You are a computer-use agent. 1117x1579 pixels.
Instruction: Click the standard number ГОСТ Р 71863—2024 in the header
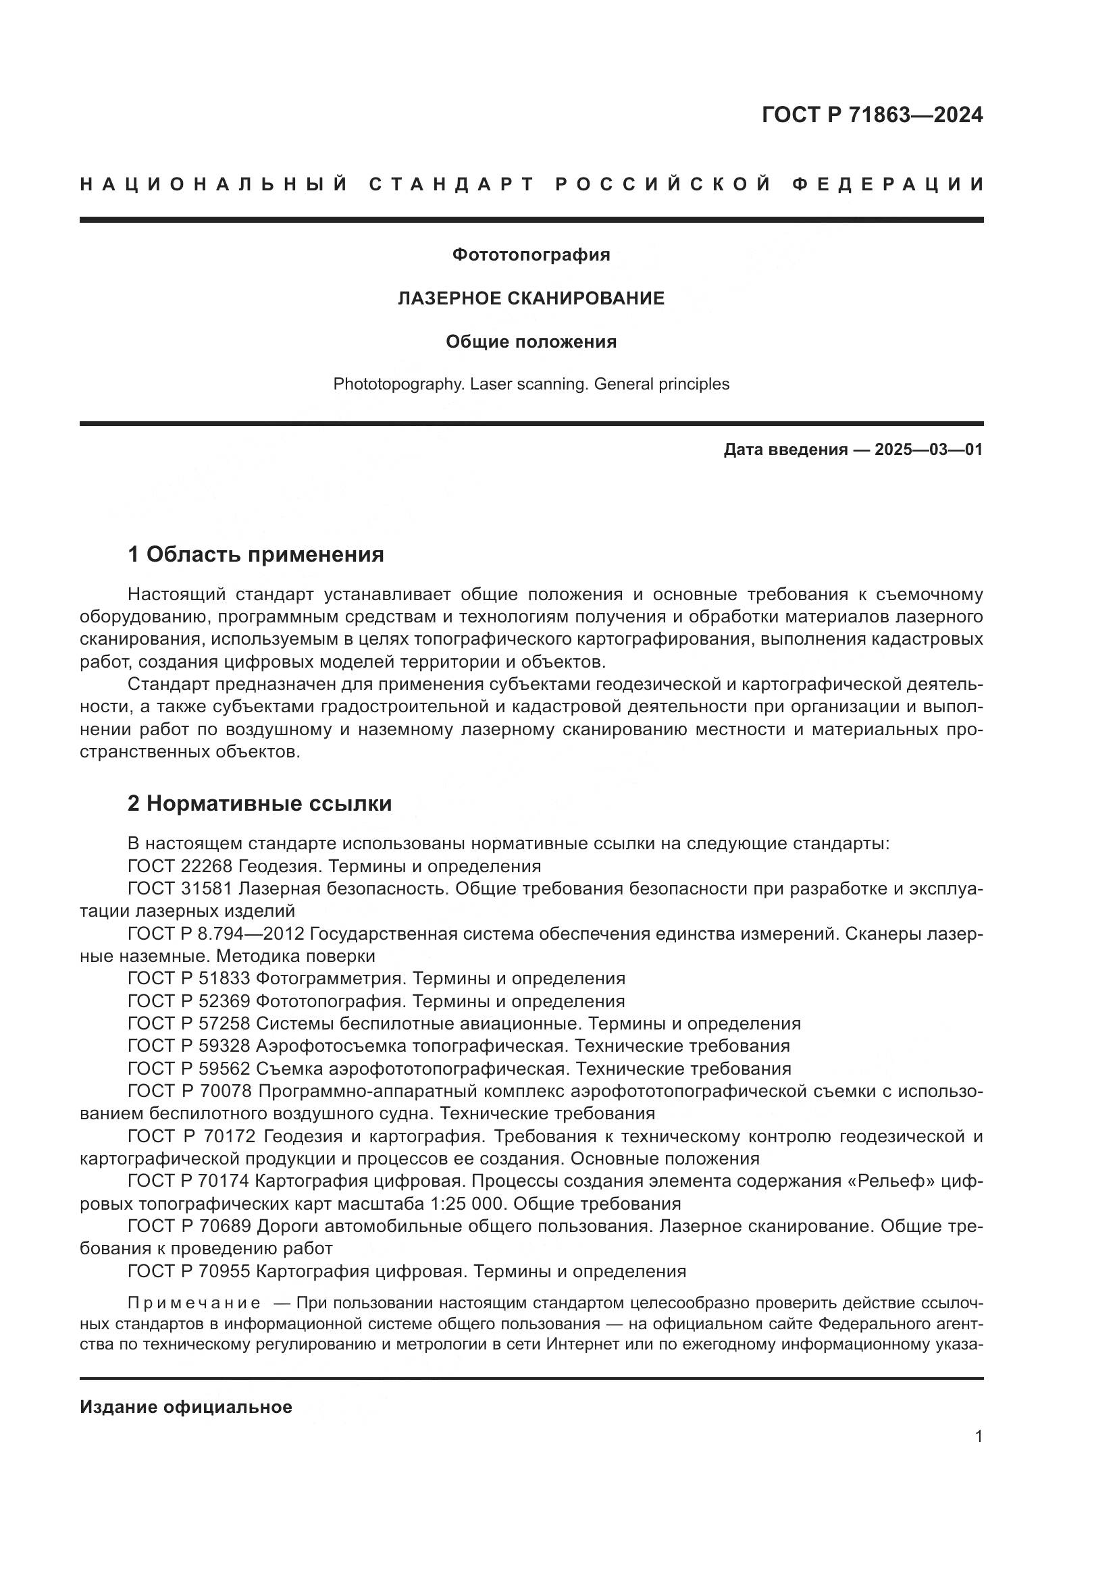coord(871,115)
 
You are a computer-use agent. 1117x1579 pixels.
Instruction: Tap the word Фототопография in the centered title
coord(531,255)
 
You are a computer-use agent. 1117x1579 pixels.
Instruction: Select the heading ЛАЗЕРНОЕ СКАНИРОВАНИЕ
coord(531,298)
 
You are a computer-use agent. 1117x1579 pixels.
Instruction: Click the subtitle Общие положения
coord(531,342)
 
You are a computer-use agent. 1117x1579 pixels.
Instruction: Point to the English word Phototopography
coord(398,384)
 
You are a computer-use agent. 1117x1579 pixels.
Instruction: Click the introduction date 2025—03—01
coord(928,450)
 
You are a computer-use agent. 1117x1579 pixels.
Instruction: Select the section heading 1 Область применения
coord(256,555)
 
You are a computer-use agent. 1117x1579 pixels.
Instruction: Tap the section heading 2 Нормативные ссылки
coord(259,804)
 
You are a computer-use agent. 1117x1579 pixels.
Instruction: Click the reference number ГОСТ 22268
coord(180,867)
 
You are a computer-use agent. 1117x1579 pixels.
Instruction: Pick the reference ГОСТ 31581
coord(180,889)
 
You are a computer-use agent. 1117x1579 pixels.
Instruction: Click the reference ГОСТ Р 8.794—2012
coord(217,934)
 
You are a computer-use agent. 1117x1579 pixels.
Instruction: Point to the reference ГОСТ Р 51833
coord(189,980)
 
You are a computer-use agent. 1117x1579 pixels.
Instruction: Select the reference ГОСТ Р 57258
coord(189,1025)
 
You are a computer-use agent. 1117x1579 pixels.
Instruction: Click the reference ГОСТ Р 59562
coord(189,1069)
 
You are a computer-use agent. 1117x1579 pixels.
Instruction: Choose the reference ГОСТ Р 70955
coord(189,1272)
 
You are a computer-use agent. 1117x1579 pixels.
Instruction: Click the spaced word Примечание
coord(194,1304)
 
